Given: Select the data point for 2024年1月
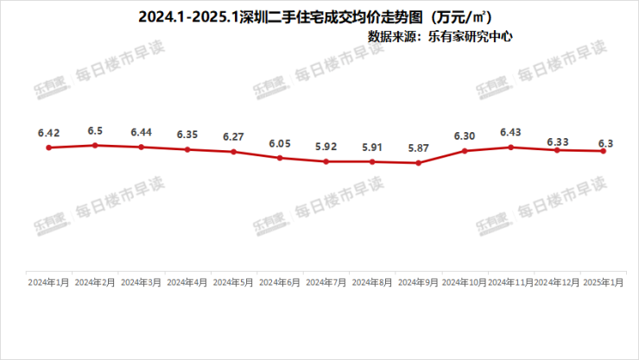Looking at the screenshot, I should pyautogui.click(x=49, y=148).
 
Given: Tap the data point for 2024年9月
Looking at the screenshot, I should pyautogui.click(x=419, y=162).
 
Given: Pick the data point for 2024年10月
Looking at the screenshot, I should pyautogui.click(x=465, y=151).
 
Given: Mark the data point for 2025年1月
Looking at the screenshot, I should pyautogui.click(x=604, y=151).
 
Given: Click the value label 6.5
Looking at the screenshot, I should pyautogui.click(x=95, y=130).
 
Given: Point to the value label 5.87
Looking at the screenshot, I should pyautogui.click(x=419, y=148).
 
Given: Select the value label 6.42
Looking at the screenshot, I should pyautogui.click(x=49, y=133).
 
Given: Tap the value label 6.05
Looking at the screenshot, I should pyautogui.click(x=280, y=143).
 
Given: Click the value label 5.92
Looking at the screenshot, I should pyautogui.click(x=326, y=147).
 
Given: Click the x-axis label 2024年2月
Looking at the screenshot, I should pyautogui.click(x=95, y=282).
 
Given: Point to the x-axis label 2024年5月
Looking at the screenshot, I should pyautogui.click(x=233, y=282).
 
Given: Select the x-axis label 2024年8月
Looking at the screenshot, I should pyautogui.click(x=372, y=282).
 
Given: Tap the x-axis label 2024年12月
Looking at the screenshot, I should pyautogui.click(x=557, y=282).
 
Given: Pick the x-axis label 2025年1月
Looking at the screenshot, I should pyautogui.click(x=604, y=282).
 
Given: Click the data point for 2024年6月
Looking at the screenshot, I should pyautogui.click(x=280, y=158).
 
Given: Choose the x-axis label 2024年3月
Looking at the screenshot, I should pyautogui.click(x=141, y=282).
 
